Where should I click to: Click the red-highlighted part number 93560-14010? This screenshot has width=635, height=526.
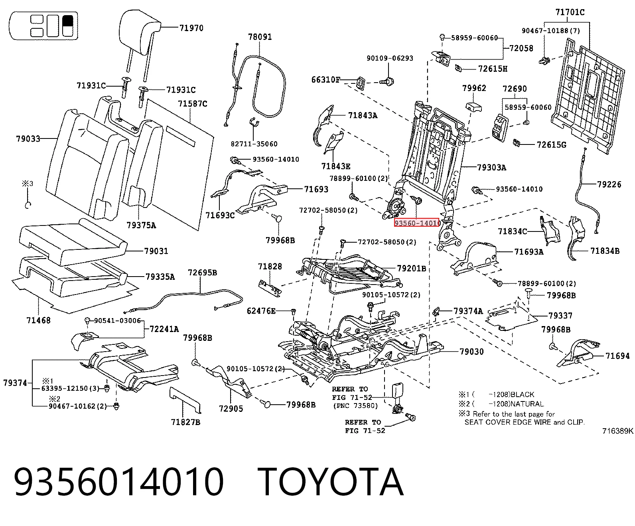tap(417, 223)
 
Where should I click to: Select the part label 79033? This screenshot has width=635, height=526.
tap(28, 139)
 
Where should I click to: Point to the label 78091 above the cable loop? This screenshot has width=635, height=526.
tap(260, 37)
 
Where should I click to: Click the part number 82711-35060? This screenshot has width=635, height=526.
tap(254, 144)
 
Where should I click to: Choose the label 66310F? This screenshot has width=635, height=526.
tap(325, 80)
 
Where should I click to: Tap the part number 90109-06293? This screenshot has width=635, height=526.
tap(390, 58)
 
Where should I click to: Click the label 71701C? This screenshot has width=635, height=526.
tap(570, 12)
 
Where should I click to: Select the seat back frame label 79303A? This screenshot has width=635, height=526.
tap(491, 168)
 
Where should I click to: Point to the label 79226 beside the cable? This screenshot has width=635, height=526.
tap(609, 184)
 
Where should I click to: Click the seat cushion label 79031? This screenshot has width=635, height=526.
tap(156, 251)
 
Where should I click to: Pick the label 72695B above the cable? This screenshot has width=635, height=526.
tap(202, 273)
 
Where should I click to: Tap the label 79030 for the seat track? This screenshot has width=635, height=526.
tap(471, 352)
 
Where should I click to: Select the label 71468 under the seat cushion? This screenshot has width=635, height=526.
tap(38, 320)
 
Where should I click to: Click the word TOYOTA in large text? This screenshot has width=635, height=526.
tap(331, 482)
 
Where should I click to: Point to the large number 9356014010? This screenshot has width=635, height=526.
tap(118, 482)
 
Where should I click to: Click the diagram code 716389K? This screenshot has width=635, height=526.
tap(618, 431)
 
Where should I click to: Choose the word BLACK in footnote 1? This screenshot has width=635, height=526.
tap(522, 394)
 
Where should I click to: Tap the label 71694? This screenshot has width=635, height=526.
tap(617, 356)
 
